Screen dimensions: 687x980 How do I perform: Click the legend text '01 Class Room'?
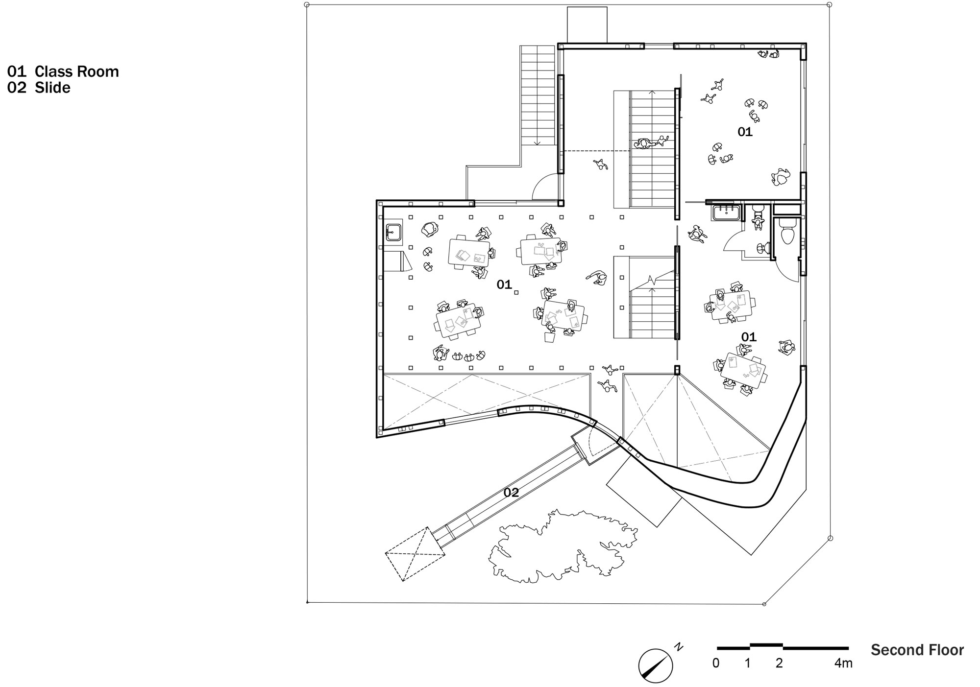pos(63,71)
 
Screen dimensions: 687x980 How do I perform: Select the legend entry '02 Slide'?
pos(39,88)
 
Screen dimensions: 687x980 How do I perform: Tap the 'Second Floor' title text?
pos(917,650)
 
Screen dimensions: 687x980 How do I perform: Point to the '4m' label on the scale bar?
pos(843,663)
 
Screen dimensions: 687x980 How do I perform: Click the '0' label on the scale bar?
pos(716,663)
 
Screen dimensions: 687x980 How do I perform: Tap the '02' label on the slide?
pos(511,493)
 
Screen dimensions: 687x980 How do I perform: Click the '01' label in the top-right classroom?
pos(745,132)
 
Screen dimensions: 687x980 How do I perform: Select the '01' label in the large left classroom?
pos(504,284)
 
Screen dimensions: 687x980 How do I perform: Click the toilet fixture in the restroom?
pos(787,235)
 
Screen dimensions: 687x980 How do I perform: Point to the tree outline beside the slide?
pos(563,546)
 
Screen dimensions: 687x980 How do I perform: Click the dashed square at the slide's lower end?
pos(415,554)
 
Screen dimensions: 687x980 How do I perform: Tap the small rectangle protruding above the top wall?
pos(587,24)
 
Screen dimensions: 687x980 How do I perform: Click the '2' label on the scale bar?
pos(779,663)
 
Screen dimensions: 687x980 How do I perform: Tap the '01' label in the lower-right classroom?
pos(749,337)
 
